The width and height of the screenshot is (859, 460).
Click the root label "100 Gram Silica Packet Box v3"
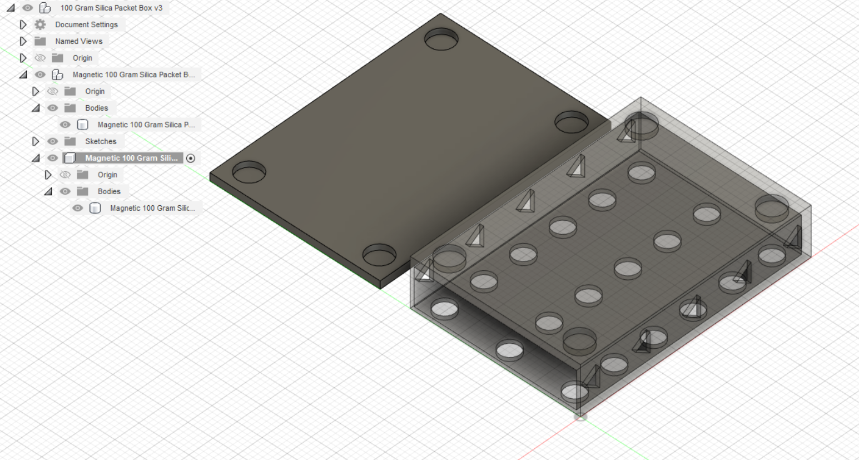pos(111,8)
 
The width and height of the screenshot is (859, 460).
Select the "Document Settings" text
pos(86,24)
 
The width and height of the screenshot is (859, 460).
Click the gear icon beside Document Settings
pos(40,24)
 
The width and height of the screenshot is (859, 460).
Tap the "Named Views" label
pos(78,41)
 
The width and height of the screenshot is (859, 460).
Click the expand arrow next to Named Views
pos(23,41)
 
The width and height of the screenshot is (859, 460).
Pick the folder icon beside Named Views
pos(40,41)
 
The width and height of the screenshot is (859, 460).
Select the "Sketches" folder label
pos(101,141)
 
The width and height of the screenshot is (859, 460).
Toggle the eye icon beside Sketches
pos(53,141)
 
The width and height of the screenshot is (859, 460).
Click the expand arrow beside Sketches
pos(36,141)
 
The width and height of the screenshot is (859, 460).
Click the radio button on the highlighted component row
pos(191,159)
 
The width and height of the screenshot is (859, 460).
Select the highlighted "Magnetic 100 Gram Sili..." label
pos(131,158)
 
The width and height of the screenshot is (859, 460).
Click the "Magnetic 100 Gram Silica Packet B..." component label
pos(133,75)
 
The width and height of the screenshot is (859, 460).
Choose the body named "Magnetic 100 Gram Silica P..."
pos(146,125)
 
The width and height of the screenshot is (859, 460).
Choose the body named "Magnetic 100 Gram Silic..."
pos(152,208)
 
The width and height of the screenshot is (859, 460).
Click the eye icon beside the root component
pos(27,8)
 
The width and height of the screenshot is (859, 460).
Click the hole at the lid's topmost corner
pos(441,39)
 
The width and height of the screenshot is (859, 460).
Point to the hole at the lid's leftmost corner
pos(249,172)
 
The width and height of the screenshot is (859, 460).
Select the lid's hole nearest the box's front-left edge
pos(379,255)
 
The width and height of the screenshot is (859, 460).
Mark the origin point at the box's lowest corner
pos(580,417)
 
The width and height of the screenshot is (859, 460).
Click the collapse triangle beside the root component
pos(11,8)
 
